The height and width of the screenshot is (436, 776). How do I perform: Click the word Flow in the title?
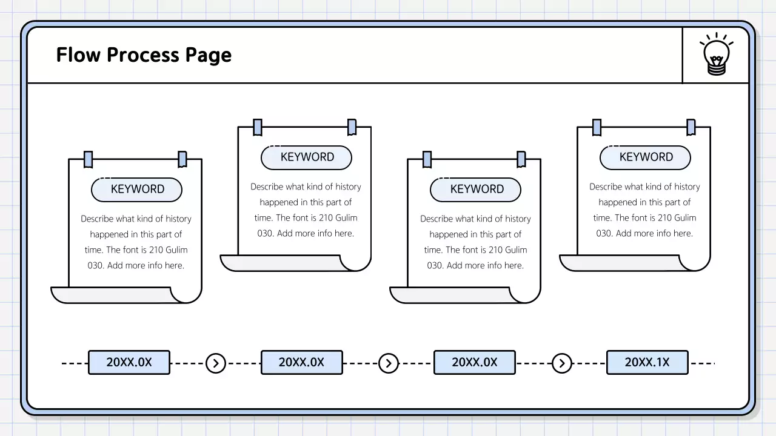pos(78,55)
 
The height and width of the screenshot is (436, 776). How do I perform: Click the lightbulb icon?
pos(716,54)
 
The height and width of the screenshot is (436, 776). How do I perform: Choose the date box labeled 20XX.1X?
pos(647,362)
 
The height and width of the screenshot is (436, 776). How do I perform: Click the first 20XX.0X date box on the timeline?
pos(129,362)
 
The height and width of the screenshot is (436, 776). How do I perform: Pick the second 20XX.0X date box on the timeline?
pos(301,362)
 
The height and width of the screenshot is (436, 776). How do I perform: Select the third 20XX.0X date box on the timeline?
pos(474,362)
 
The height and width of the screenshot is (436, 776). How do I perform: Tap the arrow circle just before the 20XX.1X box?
pos(562,363)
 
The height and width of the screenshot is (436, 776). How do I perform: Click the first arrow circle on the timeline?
pos(216,363)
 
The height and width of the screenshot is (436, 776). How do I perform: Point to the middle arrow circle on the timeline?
pos(389,363)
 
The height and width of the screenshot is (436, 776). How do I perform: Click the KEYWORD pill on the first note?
pos(137,190)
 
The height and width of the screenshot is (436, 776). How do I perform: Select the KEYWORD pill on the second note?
pos(307,157)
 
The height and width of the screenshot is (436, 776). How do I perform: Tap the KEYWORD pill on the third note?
pos(476,190)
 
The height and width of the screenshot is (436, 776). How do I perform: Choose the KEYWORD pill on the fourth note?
pos(646,157)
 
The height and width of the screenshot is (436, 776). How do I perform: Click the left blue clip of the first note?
pos(89,159)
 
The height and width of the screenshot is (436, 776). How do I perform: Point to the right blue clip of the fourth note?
pos(691,127)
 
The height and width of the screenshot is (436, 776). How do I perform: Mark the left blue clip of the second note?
pos(258,127)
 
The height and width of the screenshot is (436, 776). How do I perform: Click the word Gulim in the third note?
pos(516,250)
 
